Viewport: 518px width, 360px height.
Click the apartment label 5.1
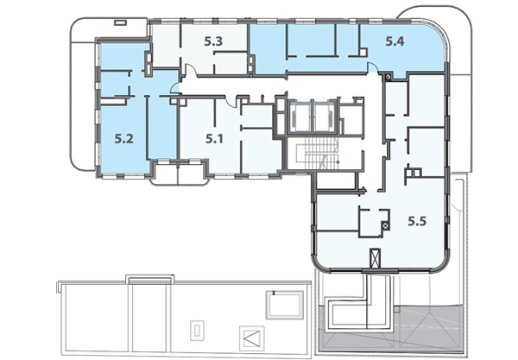(214, 139)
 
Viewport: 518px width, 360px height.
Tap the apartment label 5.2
(123, 139)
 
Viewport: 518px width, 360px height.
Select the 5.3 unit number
(213, 41)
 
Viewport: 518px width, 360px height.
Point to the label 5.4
(395, 41)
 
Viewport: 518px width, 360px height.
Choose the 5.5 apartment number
(417, 221)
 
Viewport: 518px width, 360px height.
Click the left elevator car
(300, 117)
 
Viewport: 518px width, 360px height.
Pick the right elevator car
(325, 117)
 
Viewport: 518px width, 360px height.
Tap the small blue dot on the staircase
(338, 161)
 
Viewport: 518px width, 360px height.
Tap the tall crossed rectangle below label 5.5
(375, 258)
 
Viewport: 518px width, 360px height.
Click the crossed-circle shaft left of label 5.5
(385, 226)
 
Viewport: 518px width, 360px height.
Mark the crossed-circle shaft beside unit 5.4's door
(388, 78)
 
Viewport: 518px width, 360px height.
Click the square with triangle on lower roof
(251, 338)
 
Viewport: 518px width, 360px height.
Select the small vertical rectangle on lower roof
(197, 331)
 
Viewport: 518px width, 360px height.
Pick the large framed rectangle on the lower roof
(285, 305)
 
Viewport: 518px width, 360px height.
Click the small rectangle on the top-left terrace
(120, 22)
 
